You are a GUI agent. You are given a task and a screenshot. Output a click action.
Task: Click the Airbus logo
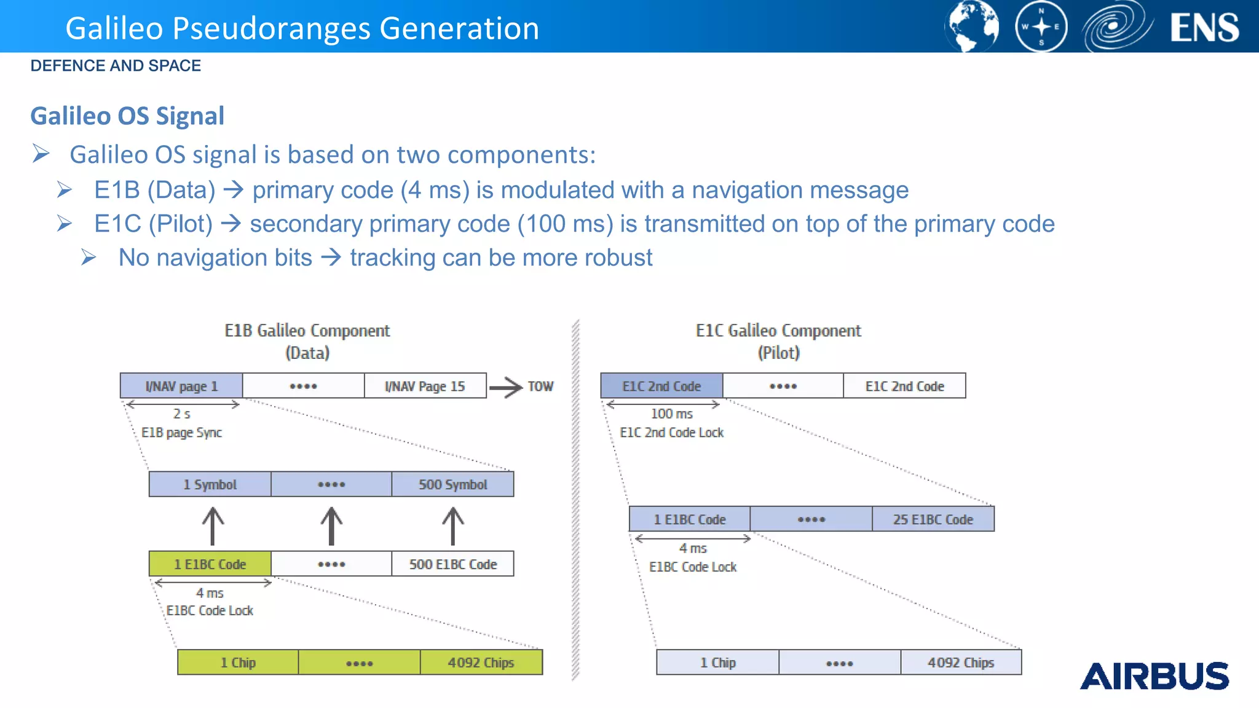(x=1154, y=676)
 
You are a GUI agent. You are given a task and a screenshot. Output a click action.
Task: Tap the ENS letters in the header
(x=1204, y=28)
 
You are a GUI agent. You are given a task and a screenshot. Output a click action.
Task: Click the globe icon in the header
(x=972, y=26)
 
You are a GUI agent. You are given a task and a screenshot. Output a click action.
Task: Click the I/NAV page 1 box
(x=181, y=386)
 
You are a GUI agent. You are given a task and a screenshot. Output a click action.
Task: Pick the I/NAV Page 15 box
(x=425, y=386)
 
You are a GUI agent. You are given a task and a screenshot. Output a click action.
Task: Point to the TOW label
(x=540, y=387)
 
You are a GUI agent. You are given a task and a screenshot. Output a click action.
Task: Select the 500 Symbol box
(x=452, y=484)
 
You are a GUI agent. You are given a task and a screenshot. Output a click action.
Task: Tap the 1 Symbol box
(x=210, y=484)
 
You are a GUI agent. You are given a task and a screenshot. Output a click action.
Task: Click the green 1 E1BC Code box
(x=210, y=564)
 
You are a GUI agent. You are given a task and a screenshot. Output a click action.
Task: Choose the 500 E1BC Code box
(x=452, y=564)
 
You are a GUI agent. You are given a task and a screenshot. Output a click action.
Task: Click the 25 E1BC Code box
(x=933, y=519)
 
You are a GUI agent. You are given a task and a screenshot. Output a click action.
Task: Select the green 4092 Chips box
(x=481, y=663)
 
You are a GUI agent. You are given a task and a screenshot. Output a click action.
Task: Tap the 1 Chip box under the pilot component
(x=717, y=663)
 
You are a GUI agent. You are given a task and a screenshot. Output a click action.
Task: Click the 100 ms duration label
(x=671, y=414)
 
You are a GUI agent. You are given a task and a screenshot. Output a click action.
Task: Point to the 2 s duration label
(x=181, y=414)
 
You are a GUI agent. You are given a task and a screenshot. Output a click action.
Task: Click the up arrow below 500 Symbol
(x=453, y=526)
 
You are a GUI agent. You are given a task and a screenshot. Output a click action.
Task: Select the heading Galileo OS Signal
(x=127, y=116)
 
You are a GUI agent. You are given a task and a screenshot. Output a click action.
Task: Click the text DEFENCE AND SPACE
(x=116, y=66)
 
